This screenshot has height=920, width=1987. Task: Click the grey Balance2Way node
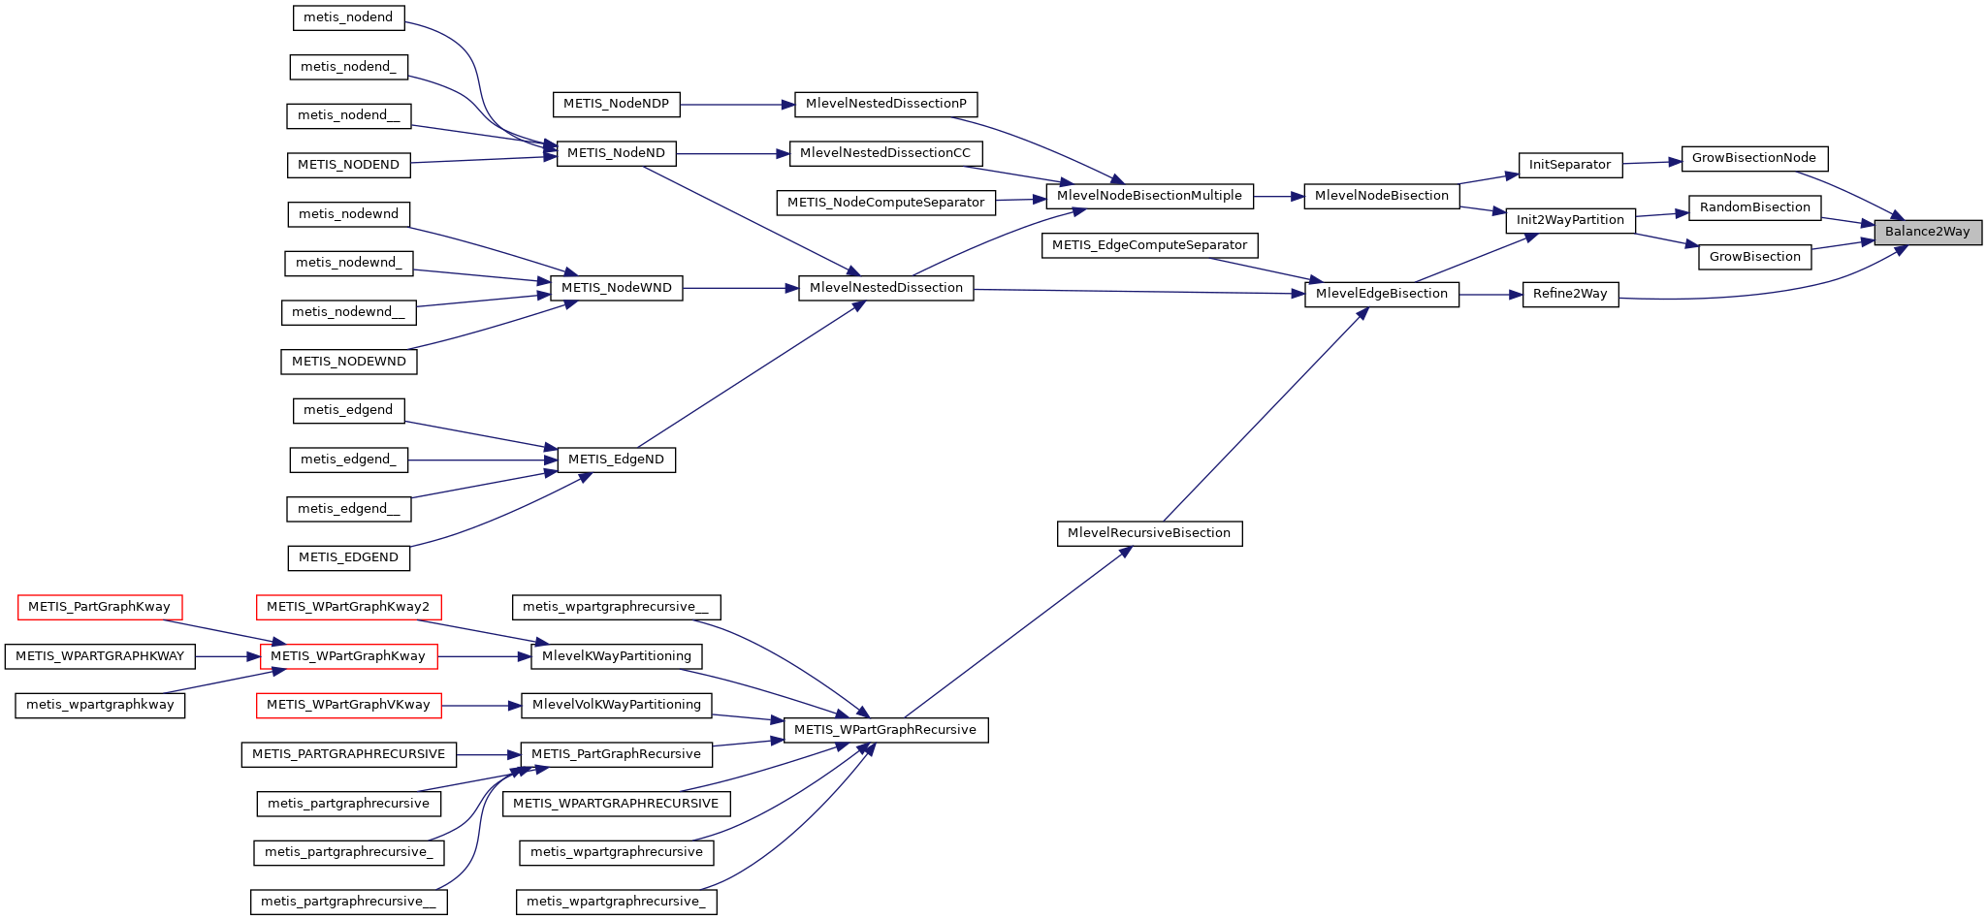click(1927, 233)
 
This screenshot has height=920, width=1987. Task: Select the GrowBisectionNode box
click(1753, 158)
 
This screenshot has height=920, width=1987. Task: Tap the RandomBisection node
click(1754, 207)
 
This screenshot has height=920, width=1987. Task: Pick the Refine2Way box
click(1570, 294)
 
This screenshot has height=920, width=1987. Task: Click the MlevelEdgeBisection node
click(1381, 294)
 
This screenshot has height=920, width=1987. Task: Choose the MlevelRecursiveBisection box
click(1148, 533)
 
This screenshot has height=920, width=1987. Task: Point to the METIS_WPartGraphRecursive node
click(884, 730)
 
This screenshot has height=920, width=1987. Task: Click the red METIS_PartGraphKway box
click(99, 607)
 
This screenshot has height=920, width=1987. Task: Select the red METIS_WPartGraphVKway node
click(348, 705)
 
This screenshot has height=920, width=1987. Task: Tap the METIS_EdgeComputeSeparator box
click(1149, 245)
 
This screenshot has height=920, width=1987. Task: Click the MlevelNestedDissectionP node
click(885, 104)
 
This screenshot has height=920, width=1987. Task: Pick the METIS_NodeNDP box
click(616, 104)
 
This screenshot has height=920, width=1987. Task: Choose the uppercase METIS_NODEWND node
click(348, 362)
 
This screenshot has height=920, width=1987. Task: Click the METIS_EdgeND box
click(616, 460)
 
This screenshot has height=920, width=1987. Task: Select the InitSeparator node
click(1569, 165)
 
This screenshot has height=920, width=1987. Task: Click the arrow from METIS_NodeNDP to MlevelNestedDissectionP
click(737, 104)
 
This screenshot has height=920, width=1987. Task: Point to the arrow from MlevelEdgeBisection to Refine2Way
click(1490, 294)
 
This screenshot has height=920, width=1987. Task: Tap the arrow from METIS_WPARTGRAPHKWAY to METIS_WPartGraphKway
click(228, 656)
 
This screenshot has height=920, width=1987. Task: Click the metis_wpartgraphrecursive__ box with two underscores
click(616, 607)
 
